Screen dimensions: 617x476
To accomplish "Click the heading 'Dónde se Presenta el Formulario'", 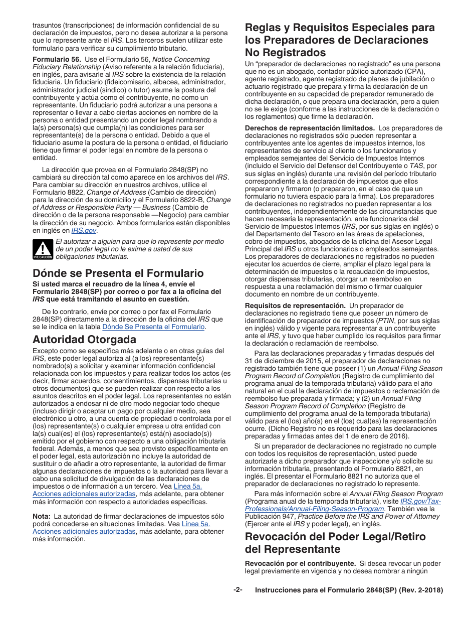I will click(118, 273).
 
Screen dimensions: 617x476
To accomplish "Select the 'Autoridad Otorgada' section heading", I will click(84, 340).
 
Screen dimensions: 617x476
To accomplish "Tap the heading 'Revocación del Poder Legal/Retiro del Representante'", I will click(335, 543).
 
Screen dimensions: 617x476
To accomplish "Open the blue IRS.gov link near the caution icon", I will click(84, 230).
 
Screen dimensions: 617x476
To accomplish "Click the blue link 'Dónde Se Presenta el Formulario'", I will click(153, 327).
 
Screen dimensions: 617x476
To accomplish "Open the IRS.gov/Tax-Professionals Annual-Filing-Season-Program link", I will click(343, 505).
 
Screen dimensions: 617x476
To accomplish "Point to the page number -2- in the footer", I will click(238, 590).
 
